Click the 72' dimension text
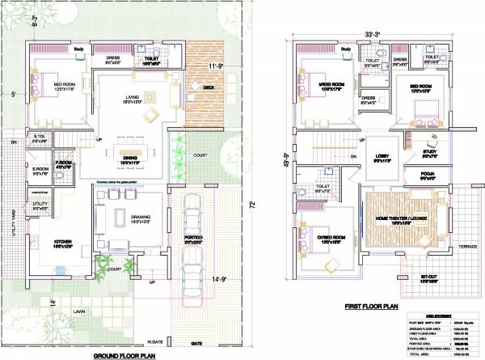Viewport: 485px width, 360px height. tap(256, 203)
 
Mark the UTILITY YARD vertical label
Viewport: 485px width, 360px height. tap(15, 235)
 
